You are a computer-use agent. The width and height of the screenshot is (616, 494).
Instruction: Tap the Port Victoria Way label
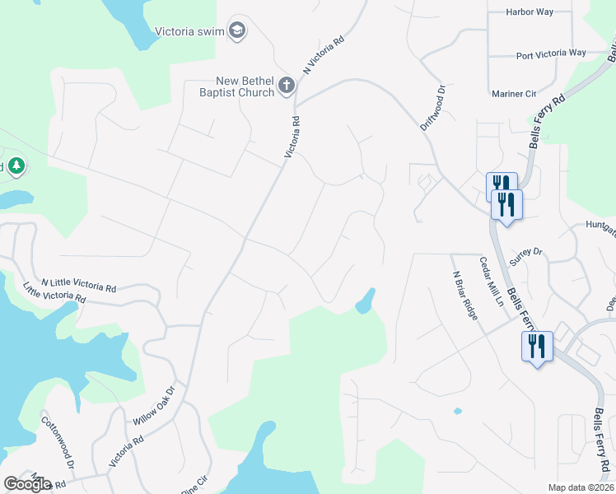point(551,54)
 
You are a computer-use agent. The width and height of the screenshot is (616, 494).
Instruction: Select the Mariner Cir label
point(513,94)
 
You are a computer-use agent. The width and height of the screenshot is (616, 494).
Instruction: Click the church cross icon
point(286,85)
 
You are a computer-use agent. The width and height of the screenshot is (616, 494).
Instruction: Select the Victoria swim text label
point(190,32)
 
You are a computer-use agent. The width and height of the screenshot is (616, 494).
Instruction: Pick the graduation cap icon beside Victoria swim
point(238,30)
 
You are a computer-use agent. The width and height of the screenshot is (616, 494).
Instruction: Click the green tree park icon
point(16,166)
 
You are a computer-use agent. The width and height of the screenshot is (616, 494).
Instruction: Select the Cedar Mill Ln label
point(492,282)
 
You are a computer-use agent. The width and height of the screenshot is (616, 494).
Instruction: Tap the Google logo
point(28,484)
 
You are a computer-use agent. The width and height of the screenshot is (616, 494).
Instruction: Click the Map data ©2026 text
point(581,487)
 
